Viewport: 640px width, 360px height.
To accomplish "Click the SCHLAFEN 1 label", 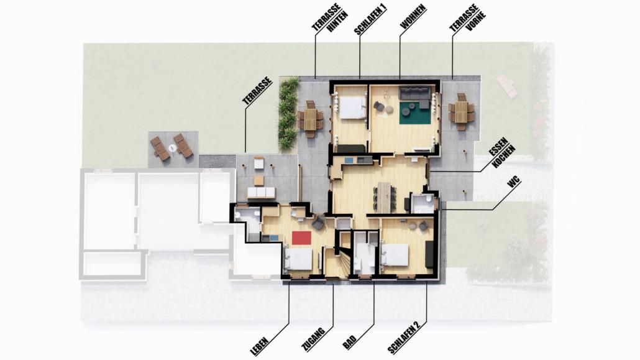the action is click(370, 20).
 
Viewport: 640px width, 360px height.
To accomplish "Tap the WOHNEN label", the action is click(413, 17).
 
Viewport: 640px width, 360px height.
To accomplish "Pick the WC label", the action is click(514, 183).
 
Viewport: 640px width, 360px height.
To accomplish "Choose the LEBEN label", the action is click(260, 345).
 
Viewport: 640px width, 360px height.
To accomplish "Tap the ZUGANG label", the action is click(313, 339).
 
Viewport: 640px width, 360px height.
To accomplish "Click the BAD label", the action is click(349, 342).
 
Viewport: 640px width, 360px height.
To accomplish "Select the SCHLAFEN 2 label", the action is click(404, 337).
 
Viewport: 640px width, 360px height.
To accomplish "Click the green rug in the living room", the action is click(415, 113).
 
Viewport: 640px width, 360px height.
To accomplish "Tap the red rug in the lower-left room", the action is click(301, 238).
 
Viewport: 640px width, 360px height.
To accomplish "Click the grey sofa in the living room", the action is click(414, 96).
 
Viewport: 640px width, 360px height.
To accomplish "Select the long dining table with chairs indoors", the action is click(384, 197).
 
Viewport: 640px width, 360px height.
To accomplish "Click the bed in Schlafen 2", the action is click(395, 255).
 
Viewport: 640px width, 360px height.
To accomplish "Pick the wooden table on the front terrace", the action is click(461, 111).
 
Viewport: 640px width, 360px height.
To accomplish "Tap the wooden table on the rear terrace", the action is click(310, 119).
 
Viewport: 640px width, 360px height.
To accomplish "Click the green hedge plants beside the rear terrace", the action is click(288, 113).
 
